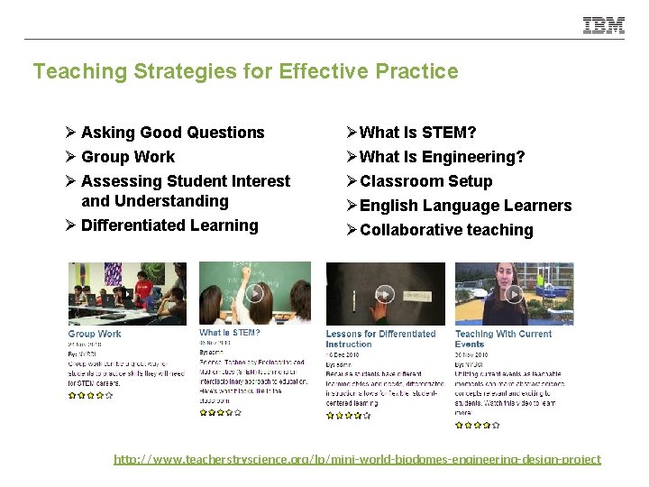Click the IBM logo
[603, 25]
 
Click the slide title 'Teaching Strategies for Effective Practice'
[245, 71]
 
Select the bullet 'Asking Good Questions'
[172, 133]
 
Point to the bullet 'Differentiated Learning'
[169, 225]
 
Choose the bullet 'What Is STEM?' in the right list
[417, 133]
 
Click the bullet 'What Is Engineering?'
[442, 158]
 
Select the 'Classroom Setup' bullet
[425, 181]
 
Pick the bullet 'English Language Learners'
[465, 206]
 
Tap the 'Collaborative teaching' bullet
[446, 230]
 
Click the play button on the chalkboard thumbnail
[255, 293]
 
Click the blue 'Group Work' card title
[95, 334]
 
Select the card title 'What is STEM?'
[229, 333]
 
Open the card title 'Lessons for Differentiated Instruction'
[380, 339]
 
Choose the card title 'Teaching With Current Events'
[503, 339]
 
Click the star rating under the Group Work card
[90, 395]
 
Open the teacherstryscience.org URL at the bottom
[357, 460]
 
